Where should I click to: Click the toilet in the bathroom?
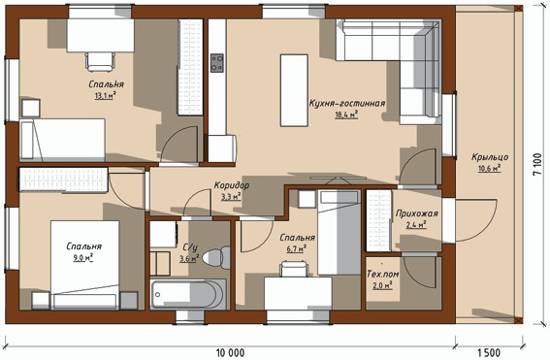tap(216, 258)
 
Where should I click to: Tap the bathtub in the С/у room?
tap(188, 294)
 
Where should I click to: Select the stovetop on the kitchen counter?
tap(216, 63)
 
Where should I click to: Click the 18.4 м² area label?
tap(346, 115)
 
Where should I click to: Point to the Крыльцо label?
tap(490, 157)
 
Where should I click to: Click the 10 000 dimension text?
tap(230, 352)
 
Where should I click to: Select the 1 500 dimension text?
tap(489, 352)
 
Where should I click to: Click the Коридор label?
tap(232, 185)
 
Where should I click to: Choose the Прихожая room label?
tap(417, 213)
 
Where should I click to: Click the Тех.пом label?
tap(383, 274)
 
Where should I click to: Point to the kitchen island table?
tap(294, 90)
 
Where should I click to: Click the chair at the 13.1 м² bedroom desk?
tap(100, 61)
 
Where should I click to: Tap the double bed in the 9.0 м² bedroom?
tap(85, 265)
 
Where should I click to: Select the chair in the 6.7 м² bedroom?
tap(295, 269)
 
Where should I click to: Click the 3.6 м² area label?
tap(189, 259)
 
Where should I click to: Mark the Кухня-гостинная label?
tap(347, 103)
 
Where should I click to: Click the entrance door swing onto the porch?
tap(476, 220)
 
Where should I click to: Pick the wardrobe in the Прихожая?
tap(379, 220)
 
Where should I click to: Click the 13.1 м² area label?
tap(105, 95)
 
